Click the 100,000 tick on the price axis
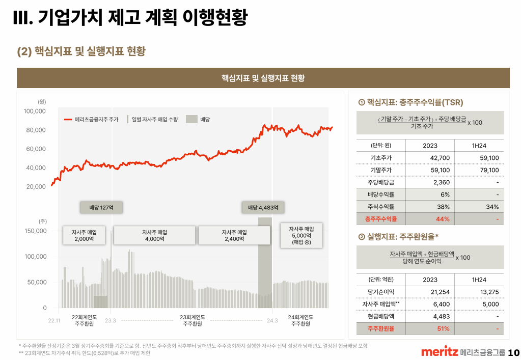pos(35,111)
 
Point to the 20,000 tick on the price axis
pos(36,187)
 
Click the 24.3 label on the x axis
pos(272,320)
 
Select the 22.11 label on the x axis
pos(54,320)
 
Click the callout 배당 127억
pos(101,208)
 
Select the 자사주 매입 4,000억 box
pos(154,235)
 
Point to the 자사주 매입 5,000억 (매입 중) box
pos(301,235)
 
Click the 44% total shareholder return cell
pos(443,219)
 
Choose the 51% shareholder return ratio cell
pos(443,328)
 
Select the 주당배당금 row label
pos(381,182)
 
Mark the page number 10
pos(513,352)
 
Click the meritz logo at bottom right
pos(439,352)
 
